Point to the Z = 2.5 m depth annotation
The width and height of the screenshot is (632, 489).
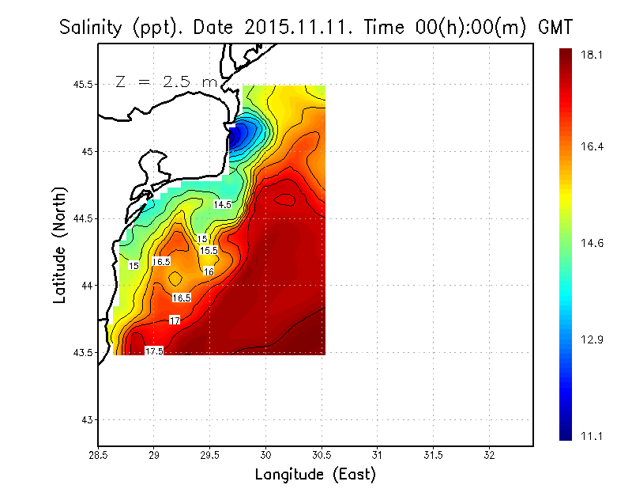(165, 81)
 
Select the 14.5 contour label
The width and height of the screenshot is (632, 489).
(222, 204)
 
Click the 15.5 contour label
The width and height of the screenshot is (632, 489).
(209, 250)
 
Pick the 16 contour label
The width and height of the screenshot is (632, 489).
(209, 271)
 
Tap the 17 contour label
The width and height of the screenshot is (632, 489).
(175, 320)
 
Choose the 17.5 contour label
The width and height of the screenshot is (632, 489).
(154, 351)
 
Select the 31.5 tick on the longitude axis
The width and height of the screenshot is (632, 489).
(433, 455)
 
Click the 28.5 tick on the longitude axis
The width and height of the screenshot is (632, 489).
(98, 455)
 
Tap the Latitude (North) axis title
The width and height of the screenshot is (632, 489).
(59, 245)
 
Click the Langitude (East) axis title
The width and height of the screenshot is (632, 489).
(314, 474)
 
